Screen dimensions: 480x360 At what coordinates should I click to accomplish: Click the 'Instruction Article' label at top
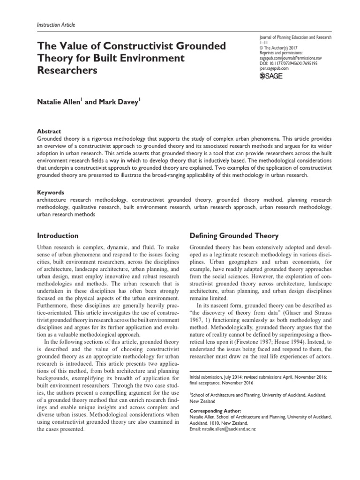pyautogui.click(x=52, y=24)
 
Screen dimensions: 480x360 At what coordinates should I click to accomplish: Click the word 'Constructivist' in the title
pyautogui.click(x=146, y=46)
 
